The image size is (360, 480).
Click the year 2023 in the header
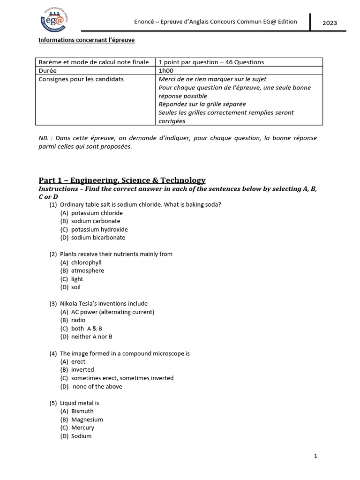tap(330, 23)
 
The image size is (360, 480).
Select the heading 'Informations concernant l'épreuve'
tap(86, 40)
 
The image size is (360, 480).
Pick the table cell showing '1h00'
tap(166, 70)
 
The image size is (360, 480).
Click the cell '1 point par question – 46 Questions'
tap(211, 62)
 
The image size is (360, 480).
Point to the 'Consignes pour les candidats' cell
tap(81, 79)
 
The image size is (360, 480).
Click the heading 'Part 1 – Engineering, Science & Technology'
tap(122, 180)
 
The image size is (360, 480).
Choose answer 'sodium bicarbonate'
tap(98, 238)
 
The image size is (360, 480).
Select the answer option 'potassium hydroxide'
tap(99, 229)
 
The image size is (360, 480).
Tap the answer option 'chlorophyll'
tap(86, 262)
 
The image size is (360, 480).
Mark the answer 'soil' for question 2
tap(76, 287)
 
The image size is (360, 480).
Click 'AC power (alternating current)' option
tap(112, 312)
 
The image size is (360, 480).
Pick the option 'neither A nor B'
tap(91, 337)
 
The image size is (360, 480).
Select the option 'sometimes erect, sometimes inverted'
tap(122, 378)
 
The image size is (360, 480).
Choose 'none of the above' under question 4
tap(97, 386)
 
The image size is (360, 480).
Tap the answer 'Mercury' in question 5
tap(82, 427)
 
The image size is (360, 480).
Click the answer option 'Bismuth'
tap(82, 411)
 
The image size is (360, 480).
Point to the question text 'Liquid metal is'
tap(79, 403)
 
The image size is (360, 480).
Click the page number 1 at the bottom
tap(315, 456)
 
